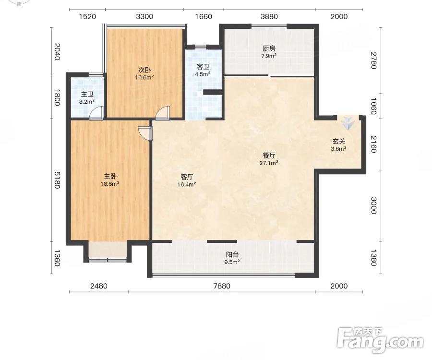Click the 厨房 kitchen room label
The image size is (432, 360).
tap(269, 49)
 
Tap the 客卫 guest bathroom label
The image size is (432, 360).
tap(203, 67)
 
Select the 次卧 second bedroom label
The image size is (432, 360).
tap(144, 70)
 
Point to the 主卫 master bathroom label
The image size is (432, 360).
tap(87, 95)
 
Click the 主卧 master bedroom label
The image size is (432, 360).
tap(110, 177)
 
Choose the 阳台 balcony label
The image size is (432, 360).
tap(232, 255)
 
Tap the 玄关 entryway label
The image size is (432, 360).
tap(338, 142)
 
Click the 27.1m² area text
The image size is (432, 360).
tap(269, 163)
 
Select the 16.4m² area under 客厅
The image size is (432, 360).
tap(187, 184)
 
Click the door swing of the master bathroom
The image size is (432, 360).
tap(96, 113)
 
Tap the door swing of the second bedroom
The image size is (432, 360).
tap(162, 113)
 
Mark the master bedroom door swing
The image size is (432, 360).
tap(145, 133)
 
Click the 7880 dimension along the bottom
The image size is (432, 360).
tap(222, 286)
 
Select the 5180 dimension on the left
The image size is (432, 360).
tap(57, 180)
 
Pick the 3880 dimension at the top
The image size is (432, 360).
tap(269, 16)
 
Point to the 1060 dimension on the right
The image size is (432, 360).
tap(373, 106)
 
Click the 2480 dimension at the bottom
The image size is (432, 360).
tap(98, 286)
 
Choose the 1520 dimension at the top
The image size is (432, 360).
tap(87, 16)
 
